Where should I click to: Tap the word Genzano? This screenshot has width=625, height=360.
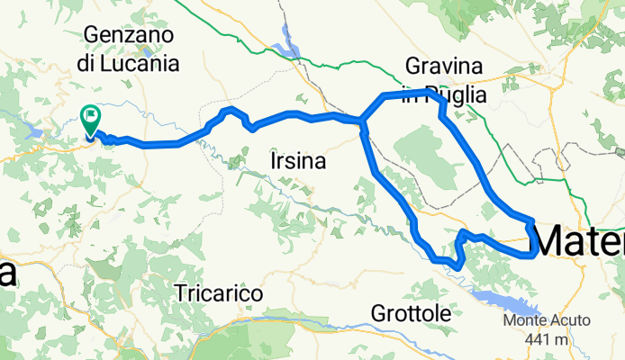130,35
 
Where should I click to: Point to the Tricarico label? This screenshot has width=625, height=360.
220,293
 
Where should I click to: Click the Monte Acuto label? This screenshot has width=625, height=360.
548,321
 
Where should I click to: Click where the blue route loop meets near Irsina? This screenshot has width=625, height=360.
361,121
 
